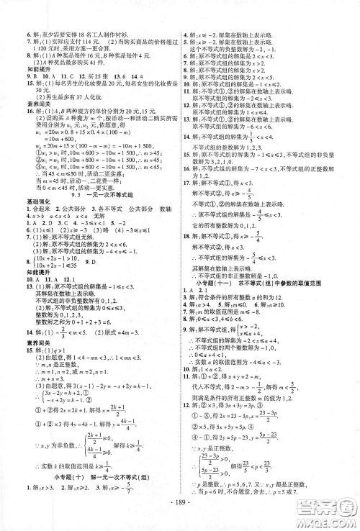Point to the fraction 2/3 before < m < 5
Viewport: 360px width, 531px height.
(64, 314)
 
